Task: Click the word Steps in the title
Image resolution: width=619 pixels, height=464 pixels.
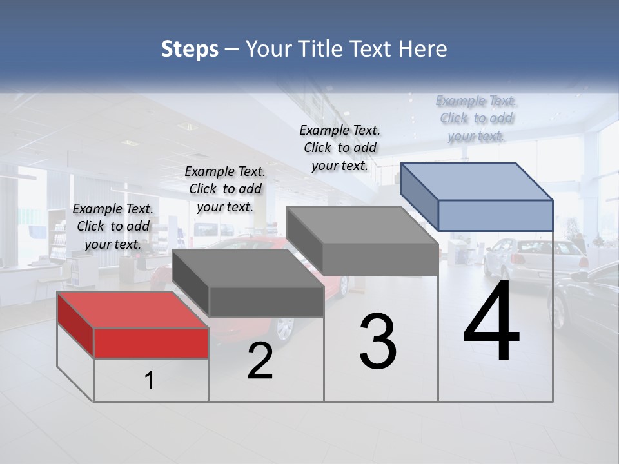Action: [x=190, y=49]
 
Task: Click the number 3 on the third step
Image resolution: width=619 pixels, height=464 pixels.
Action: [x=378, y=342]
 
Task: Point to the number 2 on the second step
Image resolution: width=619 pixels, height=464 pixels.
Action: [x=260, y=362]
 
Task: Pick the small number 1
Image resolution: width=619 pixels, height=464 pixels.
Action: [x=150, y=381]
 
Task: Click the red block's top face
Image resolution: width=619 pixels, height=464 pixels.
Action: [x=133, y=310]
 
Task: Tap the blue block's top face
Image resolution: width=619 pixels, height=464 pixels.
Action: [x=477, y=182]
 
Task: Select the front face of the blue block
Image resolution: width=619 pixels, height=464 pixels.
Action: [x=495, y=215]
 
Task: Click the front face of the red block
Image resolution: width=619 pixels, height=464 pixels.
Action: [x=151, y=343]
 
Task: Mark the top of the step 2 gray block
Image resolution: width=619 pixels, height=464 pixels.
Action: [x=248, y=268]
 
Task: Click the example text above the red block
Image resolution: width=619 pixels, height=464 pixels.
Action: [x=113, y=226]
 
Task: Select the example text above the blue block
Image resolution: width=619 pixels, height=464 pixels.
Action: [x=477, y=118]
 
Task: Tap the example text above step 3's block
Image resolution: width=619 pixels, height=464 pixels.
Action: [x=340, y=148]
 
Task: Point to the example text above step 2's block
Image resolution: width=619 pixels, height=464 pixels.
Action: [x=225, y=189]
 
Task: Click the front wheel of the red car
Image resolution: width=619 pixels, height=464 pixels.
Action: [x=284, y=328]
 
